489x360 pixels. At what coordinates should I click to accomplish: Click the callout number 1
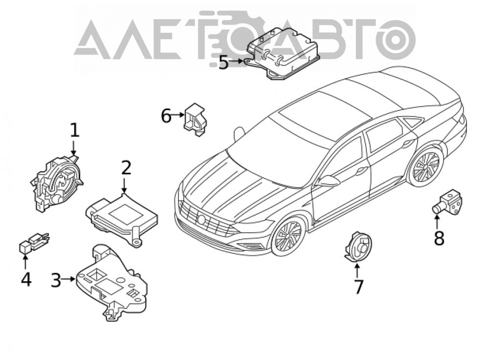pos(74,131)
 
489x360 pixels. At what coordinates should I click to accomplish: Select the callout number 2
pos(126,168)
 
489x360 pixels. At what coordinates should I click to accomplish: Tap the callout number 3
pos(56,280)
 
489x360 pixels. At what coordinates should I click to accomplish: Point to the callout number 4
pos(26,279)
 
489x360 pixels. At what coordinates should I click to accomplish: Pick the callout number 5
pos(224,63)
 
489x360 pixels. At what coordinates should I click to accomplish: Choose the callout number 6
pos(166,116)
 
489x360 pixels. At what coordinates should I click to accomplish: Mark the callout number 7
pos(358,287)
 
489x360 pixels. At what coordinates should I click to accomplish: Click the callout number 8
pos(439,239)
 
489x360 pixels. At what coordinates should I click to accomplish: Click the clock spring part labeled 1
pos(57,183)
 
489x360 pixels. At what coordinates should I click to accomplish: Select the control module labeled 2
pos(122,218)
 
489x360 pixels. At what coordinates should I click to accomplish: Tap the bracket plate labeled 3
pos(111,282)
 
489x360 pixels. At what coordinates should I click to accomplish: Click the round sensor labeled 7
pos(358,247)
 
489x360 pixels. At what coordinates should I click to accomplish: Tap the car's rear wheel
pos(426,167)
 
